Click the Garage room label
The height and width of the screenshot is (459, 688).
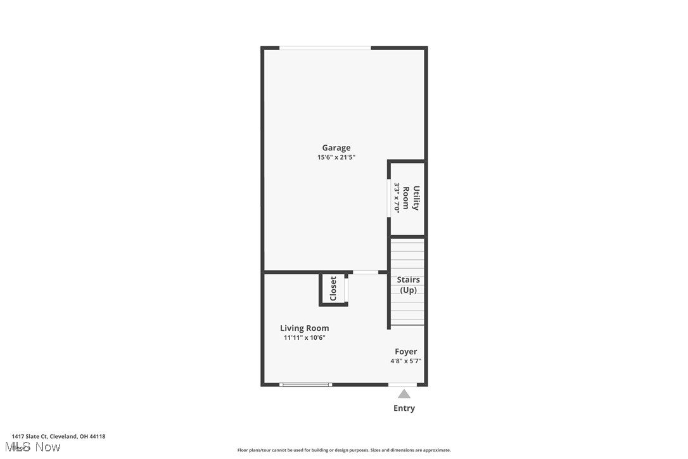tap(336, 148)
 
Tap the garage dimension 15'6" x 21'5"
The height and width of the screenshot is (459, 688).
tap(336, 157)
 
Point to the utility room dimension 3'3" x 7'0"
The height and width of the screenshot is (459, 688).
tap(397, 198)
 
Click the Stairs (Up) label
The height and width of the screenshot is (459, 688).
tap(408, 285)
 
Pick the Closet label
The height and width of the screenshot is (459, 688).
tap(333, 288)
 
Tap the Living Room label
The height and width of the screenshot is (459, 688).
tap(304, 328)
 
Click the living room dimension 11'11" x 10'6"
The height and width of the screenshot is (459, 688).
tap(304, 338)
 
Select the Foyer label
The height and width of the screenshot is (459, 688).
tap(405, 351)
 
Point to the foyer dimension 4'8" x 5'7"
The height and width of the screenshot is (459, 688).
tap(405, 361)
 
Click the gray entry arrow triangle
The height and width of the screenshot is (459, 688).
tap(404, 394)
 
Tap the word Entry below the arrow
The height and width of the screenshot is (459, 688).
tap(404, 408)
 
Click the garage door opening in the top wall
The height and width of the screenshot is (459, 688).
tap(325, 48)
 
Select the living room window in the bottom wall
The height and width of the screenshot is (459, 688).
tap(306, 384)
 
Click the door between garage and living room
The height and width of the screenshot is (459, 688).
tap(366, 273)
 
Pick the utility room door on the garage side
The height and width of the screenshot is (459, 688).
tap(388, 198)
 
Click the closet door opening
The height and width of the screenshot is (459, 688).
tap(347, 288)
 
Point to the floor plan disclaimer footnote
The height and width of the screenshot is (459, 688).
tap(344, 450)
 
